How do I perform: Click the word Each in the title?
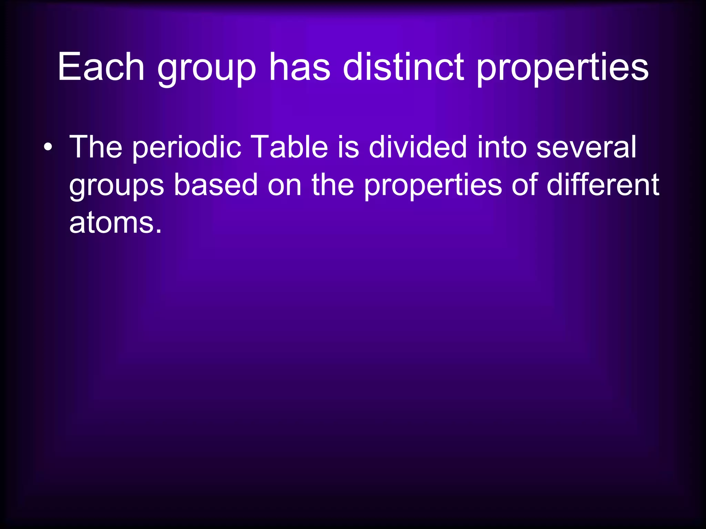pos(101,67)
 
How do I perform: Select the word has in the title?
pos(299,67)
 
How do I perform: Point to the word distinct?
pos(403,67)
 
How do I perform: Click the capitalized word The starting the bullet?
pos(96,147)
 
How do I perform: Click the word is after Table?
pos(348,147)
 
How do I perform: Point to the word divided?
pos(418,147)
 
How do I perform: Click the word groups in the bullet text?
pos(117,187)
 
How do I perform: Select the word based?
pos(215,185)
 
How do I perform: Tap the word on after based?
pos(285,186)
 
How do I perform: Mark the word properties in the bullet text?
pos(433,187)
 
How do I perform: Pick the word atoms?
pos(115,223)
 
